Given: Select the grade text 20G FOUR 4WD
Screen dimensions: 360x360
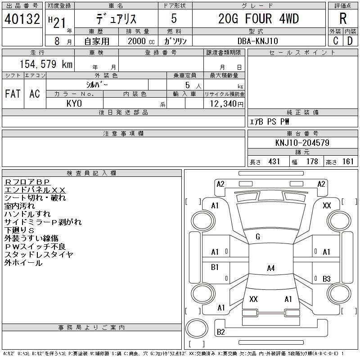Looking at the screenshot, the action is point(258,19).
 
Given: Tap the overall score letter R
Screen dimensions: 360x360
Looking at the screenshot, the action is point(343,19).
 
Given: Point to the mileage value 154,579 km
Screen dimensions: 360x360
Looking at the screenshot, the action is point(45,64).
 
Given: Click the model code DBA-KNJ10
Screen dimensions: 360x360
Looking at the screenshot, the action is point(258,40).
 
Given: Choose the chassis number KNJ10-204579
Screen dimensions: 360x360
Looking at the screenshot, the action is point(302,143).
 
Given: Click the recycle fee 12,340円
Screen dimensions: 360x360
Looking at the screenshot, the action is point(224,103).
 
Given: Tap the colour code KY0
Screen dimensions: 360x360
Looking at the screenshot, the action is point(74,103).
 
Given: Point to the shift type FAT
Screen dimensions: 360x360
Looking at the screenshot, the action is point(13,94).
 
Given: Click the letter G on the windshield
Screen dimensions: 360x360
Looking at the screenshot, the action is point(257,237).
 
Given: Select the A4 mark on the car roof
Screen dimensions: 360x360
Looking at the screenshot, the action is point(270,268).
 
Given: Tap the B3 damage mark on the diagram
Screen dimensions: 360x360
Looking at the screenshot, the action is point(327,279).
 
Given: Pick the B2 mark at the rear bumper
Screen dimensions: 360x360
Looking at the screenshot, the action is point(221,332).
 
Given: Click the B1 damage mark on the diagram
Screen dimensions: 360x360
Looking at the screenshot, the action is point(215,267).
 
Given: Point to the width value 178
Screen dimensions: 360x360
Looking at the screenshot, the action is point(311,162).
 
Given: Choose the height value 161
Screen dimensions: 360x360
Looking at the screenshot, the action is point(348,162).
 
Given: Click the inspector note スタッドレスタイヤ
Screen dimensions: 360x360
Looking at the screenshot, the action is point(39,254).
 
